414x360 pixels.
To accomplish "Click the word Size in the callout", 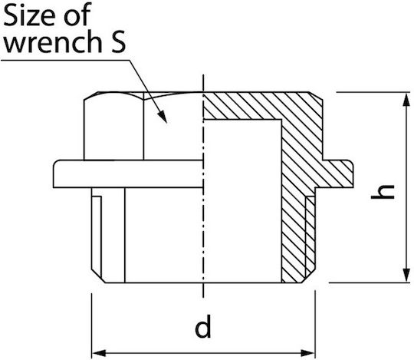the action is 30,15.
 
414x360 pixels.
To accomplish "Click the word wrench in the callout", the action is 53,41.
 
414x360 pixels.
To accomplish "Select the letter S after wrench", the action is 117,41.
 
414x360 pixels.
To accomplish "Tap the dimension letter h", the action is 383,192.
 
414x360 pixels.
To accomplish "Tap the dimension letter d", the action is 202,326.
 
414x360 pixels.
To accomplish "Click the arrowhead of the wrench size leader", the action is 163,117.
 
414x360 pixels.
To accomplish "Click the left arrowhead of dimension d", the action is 98,353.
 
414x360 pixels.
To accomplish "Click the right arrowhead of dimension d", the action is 308,353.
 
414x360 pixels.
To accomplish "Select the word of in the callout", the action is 77,15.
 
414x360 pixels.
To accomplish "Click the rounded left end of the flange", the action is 56,173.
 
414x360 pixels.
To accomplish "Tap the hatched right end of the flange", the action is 340,173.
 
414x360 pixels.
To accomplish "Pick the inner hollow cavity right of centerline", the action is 242,201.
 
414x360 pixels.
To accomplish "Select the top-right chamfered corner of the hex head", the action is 316,96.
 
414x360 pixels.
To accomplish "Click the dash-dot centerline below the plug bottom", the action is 203,290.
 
